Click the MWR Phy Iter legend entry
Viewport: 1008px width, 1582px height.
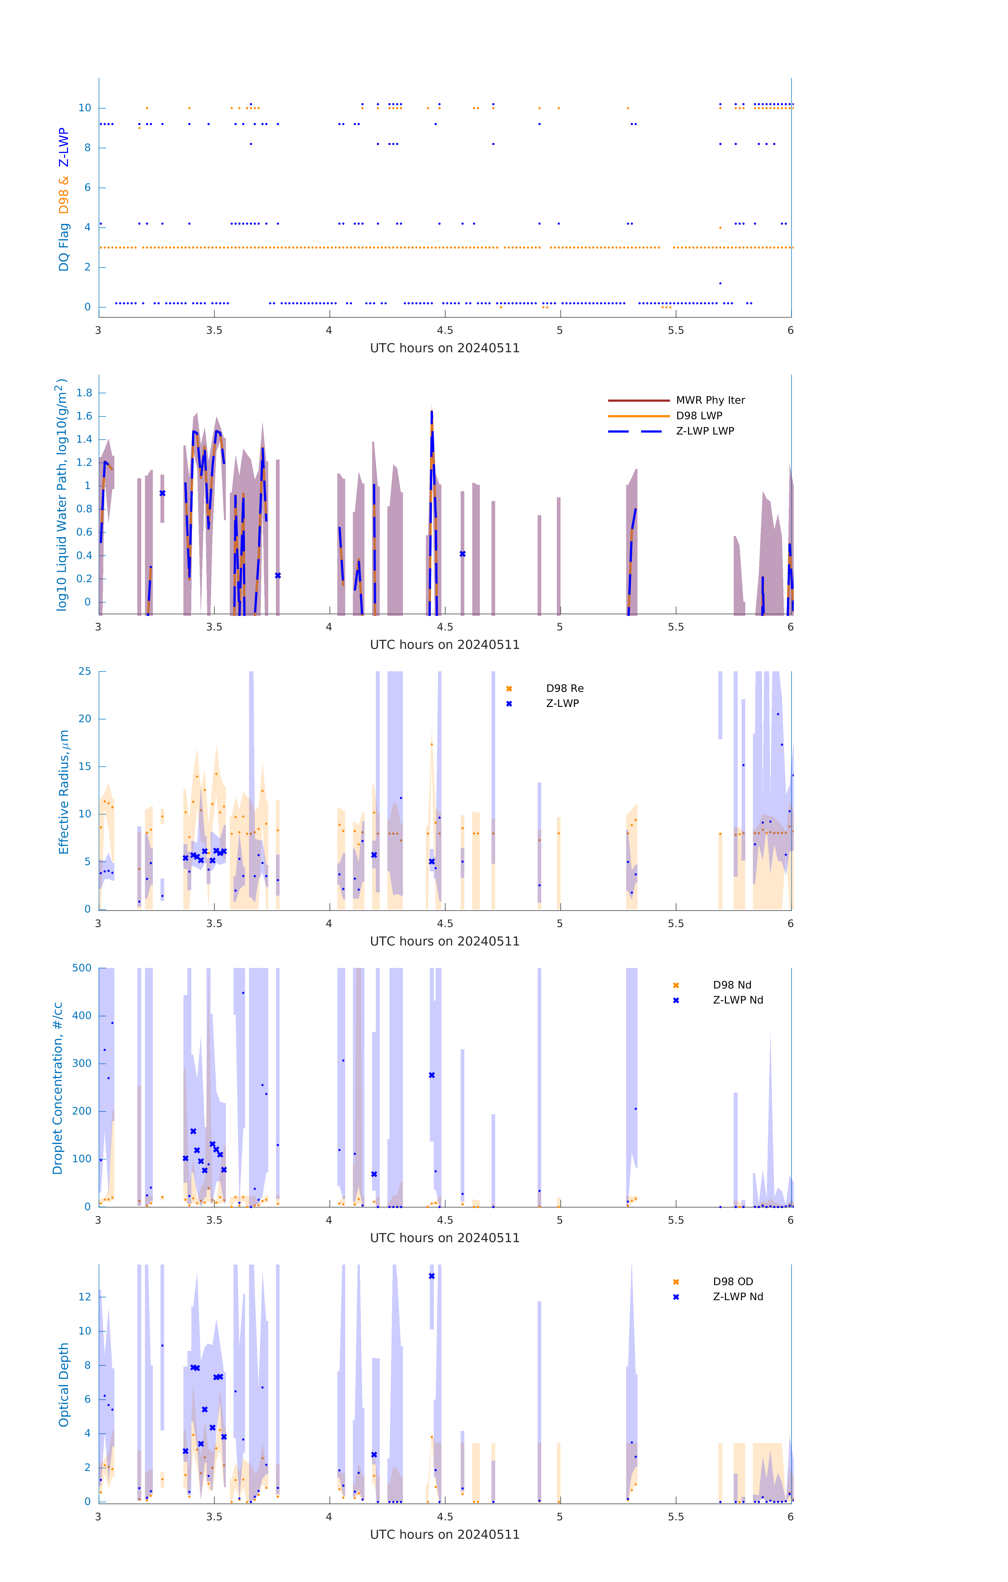pyautogui.click(x=710, y=400)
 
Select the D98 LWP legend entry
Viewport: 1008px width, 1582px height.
pyautogui.click(x=699, y=416)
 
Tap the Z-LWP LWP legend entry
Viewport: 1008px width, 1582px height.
pyautogui.click(x=705, y=431)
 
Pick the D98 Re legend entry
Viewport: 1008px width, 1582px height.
pyautogui.click(x=564, y=688)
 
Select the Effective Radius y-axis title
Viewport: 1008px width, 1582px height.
pyautogui.click(x=64, y=792)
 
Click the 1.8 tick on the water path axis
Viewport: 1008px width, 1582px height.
pyautogui.click(x=84, y=393)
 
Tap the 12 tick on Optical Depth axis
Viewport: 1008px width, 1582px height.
pyautogui.click(x=85, y=1297)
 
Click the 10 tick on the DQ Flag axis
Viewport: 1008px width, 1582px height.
pyautogui.click(x=85, y=108)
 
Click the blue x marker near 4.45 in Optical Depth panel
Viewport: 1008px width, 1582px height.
pyautogui.click(x=431, y=1276)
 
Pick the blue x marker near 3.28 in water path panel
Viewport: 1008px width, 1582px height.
pyautogui.click(x=162, y=493)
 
